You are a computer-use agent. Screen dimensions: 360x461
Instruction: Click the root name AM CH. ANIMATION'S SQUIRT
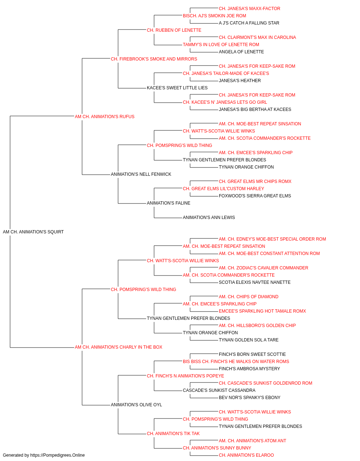click(33, 232)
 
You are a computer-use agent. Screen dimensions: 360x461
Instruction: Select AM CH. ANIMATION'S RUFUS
click(104, 117)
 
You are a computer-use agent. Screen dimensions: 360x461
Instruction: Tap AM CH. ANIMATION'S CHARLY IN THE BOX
click(118, 347)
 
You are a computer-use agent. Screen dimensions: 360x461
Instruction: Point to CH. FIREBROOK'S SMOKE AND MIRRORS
click(154, 59)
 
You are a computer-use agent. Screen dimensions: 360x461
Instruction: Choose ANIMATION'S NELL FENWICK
click(141, 174)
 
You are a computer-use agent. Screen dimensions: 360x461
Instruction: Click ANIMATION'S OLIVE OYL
click(136, 405)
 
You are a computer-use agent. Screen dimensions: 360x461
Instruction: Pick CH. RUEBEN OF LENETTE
click(174, 30)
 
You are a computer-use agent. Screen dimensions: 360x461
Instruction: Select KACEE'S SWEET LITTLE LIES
click(177, 88)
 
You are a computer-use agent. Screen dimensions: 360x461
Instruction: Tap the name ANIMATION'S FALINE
click(168, 203)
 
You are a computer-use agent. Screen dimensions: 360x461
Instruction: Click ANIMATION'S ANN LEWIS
click(209, 218)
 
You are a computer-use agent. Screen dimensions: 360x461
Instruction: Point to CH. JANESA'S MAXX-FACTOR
click(249, 9)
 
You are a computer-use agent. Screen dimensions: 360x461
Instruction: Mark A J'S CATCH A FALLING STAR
click(249, 23)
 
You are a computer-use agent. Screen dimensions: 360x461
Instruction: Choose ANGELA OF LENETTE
click(241, 52)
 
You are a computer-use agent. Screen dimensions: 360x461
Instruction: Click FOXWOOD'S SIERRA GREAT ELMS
click(255, 196)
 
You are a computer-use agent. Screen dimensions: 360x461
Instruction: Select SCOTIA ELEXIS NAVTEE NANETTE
click(255, 282)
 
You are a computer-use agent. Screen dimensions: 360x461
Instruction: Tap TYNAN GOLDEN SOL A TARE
click(248, 340)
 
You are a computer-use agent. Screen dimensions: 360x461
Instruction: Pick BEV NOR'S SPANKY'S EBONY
click(249, 398)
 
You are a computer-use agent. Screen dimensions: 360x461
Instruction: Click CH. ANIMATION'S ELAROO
click(246, 455)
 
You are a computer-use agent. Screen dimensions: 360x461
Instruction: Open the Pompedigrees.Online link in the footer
click(57, 455)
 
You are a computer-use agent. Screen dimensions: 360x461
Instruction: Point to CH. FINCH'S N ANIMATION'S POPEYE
click(185, 376)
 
